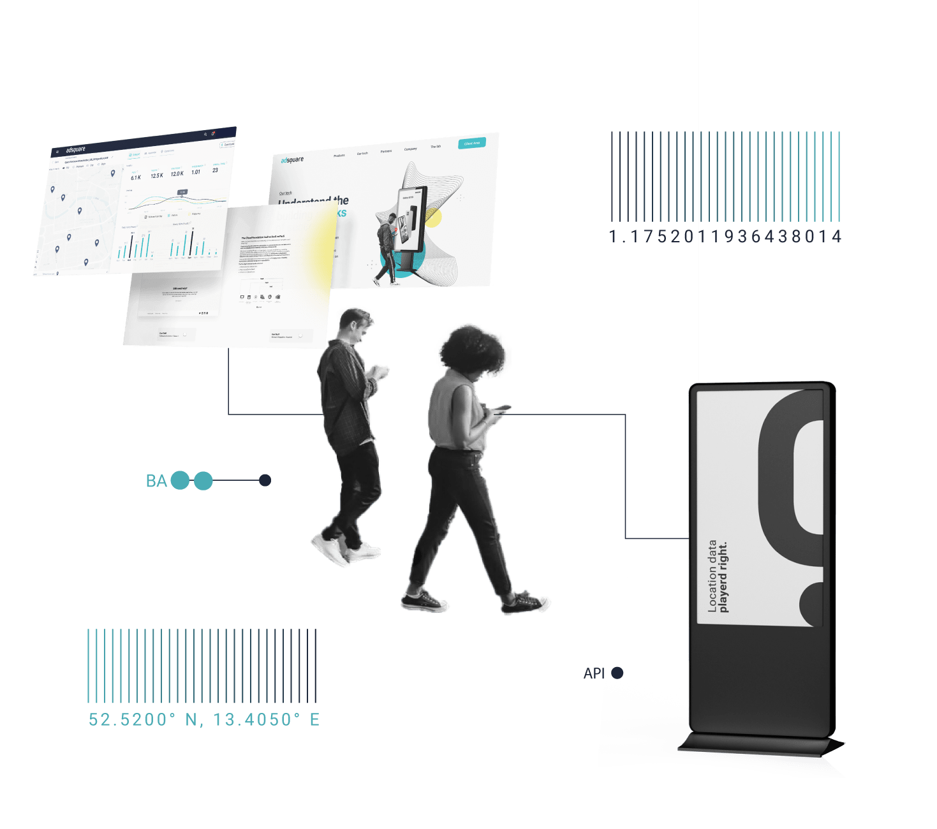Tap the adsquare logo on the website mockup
click(x=292, y=160)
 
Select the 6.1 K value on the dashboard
click(x=136, y=178)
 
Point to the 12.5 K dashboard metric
click(x=157, y=175)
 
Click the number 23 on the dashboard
click(x=216, y=170)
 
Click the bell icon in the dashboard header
click(x=213, y=133)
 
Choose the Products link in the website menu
click(x=339, y=156)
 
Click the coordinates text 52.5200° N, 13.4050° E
click(x=204, y=720)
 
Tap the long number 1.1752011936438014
click(x=725, y=237)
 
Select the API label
click(x=594, y=673)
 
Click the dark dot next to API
click(x=617, y=673)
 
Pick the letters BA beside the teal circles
click(x=156, y=481)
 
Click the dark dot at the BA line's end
click(x=265, y=480)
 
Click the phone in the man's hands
click(x=381, y=369)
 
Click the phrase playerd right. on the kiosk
click(x=723, y=577)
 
